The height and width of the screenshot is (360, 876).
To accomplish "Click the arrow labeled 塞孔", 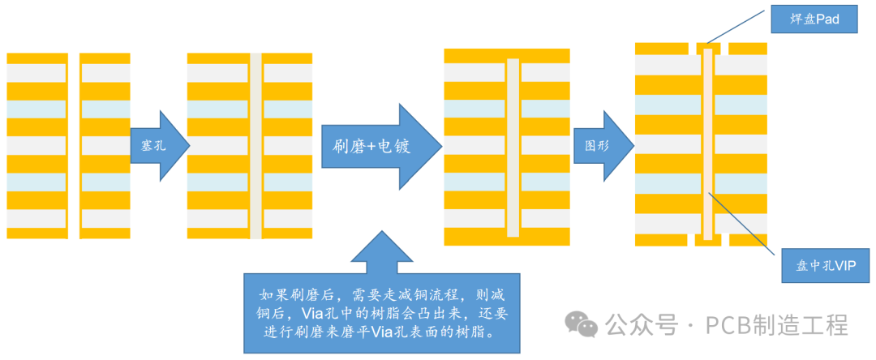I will tap(159, 146).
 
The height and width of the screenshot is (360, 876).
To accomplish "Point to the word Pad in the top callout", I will tap(827, 19).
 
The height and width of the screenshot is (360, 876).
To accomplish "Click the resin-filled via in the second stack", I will tap(255, 146).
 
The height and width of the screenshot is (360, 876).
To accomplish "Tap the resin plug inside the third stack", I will tap(512, 147).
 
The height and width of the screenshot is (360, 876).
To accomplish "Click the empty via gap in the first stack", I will tap(74, 146).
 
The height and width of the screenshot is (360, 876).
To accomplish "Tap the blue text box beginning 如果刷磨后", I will tap(381, 313).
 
